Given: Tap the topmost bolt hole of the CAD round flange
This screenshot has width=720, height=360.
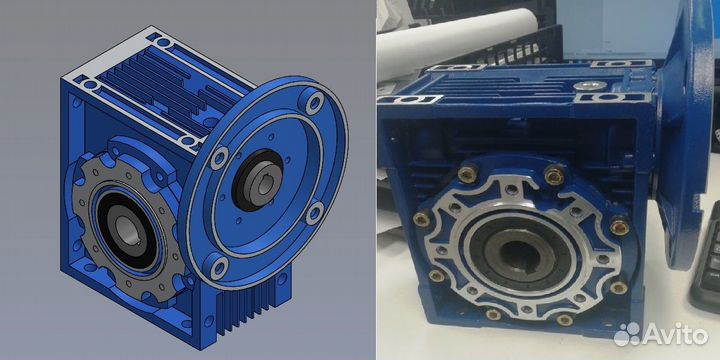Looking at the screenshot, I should [314, 103].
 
